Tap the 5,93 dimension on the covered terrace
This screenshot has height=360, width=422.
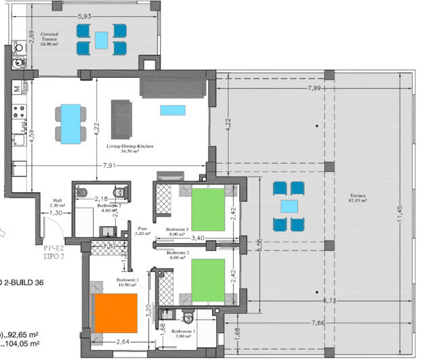click(x=85, y=16)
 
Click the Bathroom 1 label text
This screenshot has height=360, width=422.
click(x=187, y=333)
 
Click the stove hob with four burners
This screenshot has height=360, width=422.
click(x=21, y=109)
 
